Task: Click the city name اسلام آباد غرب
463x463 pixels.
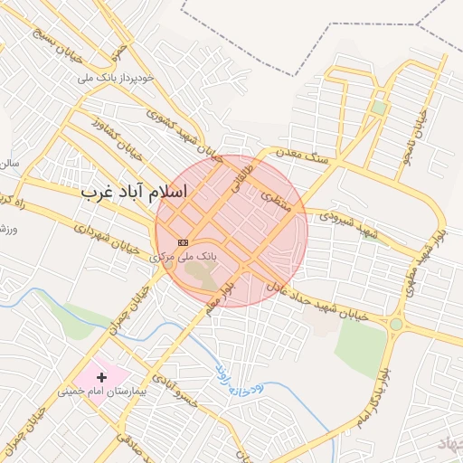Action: pyautogui.click(x=133, y=192)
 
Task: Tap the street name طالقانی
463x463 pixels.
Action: pyautogui.click(x=257, y=167)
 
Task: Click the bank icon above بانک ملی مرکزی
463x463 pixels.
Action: pyautogui.click(x=183, y=242)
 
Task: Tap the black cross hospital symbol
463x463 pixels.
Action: pyautogui.click(x=100, y=375)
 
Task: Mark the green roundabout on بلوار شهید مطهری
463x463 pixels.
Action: pyautogui.click(x=395, y=324)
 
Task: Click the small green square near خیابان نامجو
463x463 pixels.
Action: pyautogui.click(x=378, y=108)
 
